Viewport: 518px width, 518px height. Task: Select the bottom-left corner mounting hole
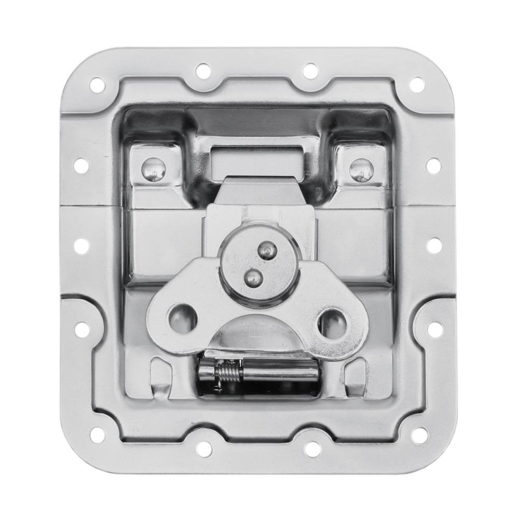click(x=97, y=435)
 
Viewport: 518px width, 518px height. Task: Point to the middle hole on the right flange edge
click(x=434, y=246)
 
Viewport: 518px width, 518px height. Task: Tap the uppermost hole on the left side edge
click(x=82, y=165)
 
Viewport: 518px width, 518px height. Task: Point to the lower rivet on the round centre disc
click(x=252, y=277)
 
